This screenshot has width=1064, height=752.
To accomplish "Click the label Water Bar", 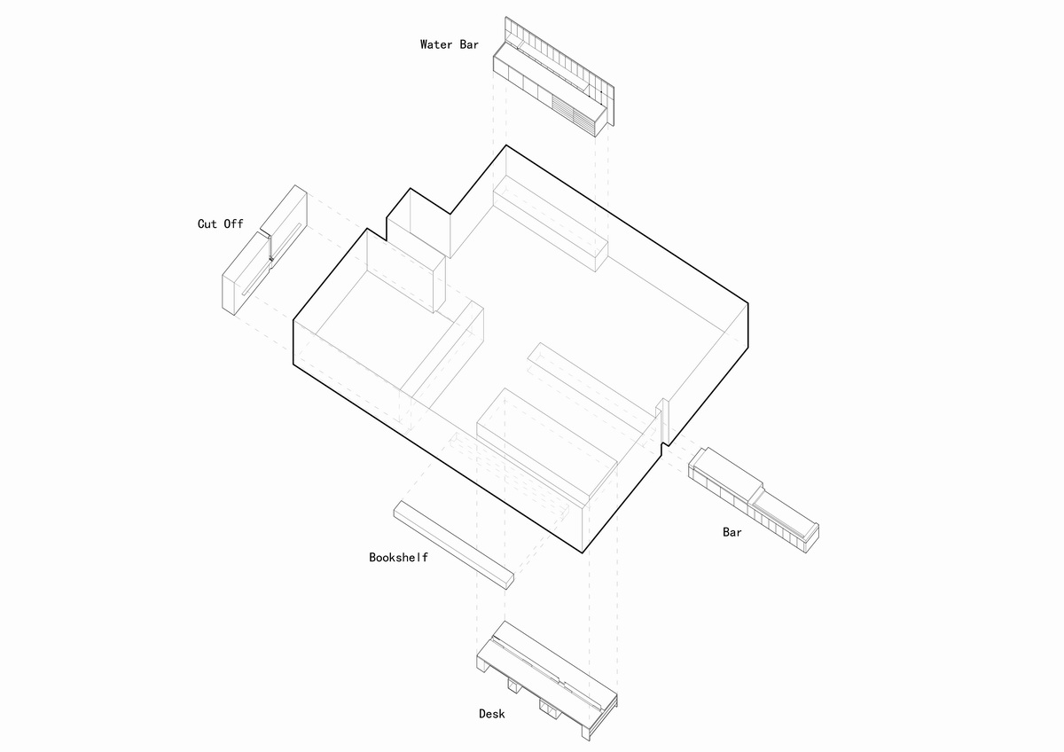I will [449, 44].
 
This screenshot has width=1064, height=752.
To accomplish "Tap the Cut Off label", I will [220, 224].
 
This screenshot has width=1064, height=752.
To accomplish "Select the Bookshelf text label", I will [398, 558].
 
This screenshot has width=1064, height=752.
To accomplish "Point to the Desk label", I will [492, 714].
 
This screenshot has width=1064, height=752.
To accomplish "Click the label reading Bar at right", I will [731, 533].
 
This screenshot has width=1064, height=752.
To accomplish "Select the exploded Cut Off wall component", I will [263, 249].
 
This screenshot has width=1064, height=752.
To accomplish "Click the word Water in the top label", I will [436, 44].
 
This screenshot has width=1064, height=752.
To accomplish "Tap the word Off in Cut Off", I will [233, 224].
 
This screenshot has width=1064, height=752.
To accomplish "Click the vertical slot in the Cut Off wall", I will [270, 247].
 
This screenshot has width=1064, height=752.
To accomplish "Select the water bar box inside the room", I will [550, 222].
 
